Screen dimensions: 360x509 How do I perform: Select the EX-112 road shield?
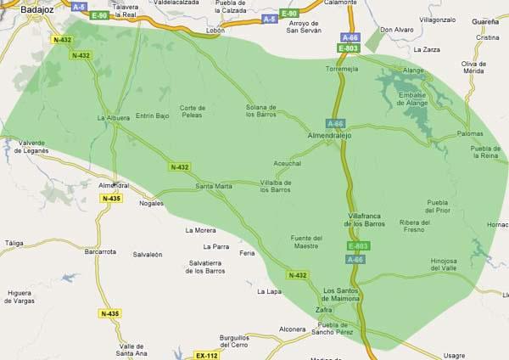206,355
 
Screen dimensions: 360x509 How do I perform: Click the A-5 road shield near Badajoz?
79,6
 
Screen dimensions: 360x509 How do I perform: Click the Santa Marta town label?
214,186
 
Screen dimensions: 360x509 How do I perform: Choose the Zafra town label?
324,310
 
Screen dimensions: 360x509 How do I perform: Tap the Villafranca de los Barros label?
367,220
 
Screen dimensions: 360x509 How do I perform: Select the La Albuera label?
113,117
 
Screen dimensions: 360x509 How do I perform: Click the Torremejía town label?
343,68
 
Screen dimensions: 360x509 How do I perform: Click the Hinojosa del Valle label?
450,265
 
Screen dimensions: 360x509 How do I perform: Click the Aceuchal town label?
288,163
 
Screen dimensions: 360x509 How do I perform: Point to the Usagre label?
455,356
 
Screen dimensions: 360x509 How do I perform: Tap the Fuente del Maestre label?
306,242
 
